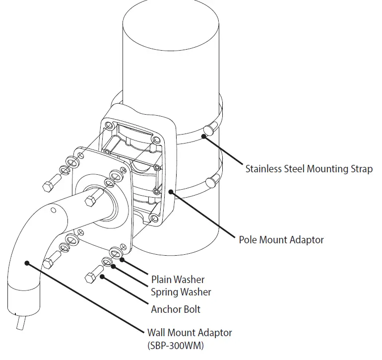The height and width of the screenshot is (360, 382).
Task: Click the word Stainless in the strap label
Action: coord(263,169)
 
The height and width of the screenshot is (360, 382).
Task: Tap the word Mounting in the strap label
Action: coord(327,169)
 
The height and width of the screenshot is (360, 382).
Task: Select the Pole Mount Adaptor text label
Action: coord(281,240)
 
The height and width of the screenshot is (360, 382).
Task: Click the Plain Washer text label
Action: coord(178,280)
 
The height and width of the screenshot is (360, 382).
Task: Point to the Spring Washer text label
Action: coord(181,292)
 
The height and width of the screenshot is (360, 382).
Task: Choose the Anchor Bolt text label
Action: coord(176,309)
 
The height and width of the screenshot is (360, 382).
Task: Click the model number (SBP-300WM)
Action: coord(176,344)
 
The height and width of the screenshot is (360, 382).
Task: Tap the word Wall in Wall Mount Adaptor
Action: coord(157,333)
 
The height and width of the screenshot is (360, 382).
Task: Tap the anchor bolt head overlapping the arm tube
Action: coord(92,200)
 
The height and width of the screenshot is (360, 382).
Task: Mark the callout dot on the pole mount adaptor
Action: coord(170,191)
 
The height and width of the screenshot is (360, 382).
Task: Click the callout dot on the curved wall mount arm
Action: coord(28,263)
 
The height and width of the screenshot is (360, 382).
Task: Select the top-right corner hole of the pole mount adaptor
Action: coord(157,140)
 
